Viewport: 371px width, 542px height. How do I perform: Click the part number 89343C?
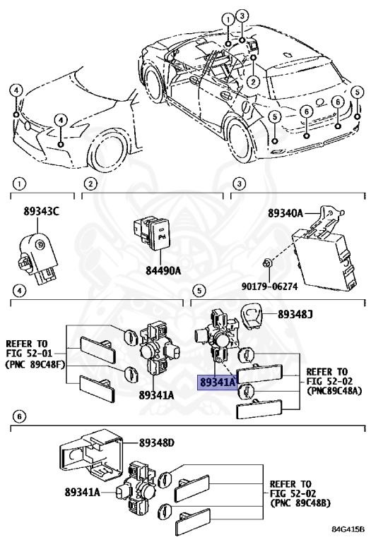pos(41,211)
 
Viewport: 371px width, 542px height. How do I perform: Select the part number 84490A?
pos(163,270)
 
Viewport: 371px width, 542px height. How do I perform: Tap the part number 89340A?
pos(285,213)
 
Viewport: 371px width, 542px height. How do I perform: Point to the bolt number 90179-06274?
pos(270,287)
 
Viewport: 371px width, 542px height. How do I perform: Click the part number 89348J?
pos(295,314)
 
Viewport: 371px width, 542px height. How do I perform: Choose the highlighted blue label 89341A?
pos(218,383)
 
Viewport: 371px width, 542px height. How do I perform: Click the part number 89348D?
pos(156,442)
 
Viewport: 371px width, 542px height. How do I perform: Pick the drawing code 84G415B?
pos(348,529)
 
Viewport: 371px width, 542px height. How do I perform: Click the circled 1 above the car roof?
pos(228,20)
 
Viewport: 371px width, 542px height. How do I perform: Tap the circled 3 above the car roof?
pos(242,16)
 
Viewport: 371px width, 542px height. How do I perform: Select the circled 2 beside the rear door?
pos(253,82)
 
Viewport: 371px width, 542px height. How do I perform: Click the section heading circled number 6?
pos(19,416)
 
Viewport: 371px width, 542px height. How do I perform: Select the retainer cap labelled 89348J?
pos(252,314)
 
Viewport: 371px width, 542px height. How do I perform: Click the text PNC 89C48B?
pos(300,503)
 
